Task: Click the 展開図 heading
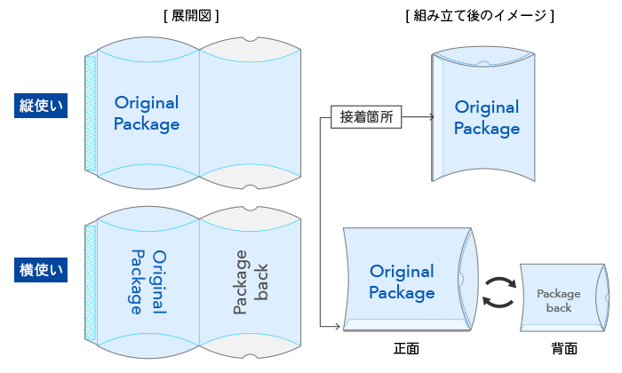coord(192,15)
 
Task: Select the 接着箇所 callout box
coord(366,116)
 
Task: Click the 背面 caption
coord(563,349)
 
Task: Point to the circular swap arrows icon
coord(499,291)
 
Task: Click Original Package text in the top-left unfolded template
coord(147,113)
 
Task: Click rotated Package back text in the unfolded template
coord(251,282)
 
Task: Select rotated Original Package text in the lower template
coord(148,282)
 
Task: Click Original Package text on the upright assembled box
coord(486,118)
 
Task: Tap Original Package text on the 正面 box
coord(402,282)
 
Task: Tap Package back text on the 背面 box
coord(558,300)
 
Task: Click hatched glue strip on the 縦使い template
coord(90,112)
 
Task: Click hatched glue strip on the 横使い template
coord(90,282)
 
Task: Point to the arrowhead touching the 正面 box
coord(338,328)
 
